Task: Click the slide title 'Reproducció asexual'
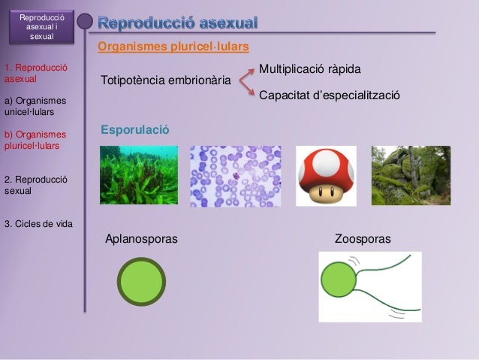[178, 23]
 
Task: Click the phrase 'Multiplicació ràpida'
[310, 69]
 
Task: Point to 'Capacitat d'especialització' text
[329, 96]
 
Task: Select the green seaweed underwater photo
[139, 175]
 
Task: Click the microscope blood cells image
[235, 176]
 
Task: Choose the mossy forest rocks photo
[411, 175]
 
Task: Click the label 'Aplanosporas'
[142, 239]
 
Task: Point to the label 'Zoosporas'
[362, 239]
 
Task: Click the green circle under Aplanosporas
[140, 282]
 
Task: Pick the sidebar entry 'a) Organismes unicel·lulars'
[35, 107]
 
